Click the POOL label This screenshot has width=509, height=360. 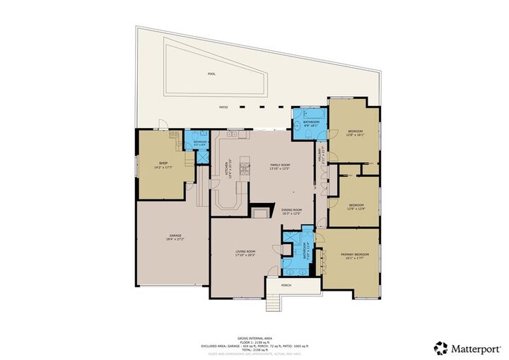pyautogui.click(x=211, y=74)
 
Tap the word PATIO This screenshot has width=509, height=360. pyautogui.click(x=224, y=108)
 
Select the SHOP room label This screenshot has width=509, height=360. pyautogui.click(x=163, y=163)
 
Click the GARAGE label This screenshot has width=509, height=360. pyautogui.click(x=175, y=236)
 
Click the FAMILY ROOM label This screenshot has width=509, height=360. pyautogui.click(x=280, y=165)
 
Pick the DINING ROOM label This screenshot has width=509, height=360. pyautogui.click(x=292, y=209)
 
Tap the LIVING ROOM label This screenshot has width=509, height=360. pyautogui.click(x=245, y=251)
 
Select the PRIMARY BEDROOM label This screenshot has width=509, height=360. pyautogui.click(x=351, y=255)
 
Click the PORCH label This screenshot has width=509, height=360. pyautogui.click(x=286, y=286)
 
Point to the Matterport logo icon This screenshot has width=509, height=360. pyautogui.click(x=442, y=347)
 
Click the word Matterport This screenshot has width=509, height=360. pyautogui.click(x=475, y=347)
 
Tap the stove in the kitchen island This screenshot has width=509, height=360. pyautogui.click(x=245, y=168)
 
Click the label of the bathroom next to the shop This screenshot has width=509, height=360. pyautogui.click(x=200, y=142)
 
